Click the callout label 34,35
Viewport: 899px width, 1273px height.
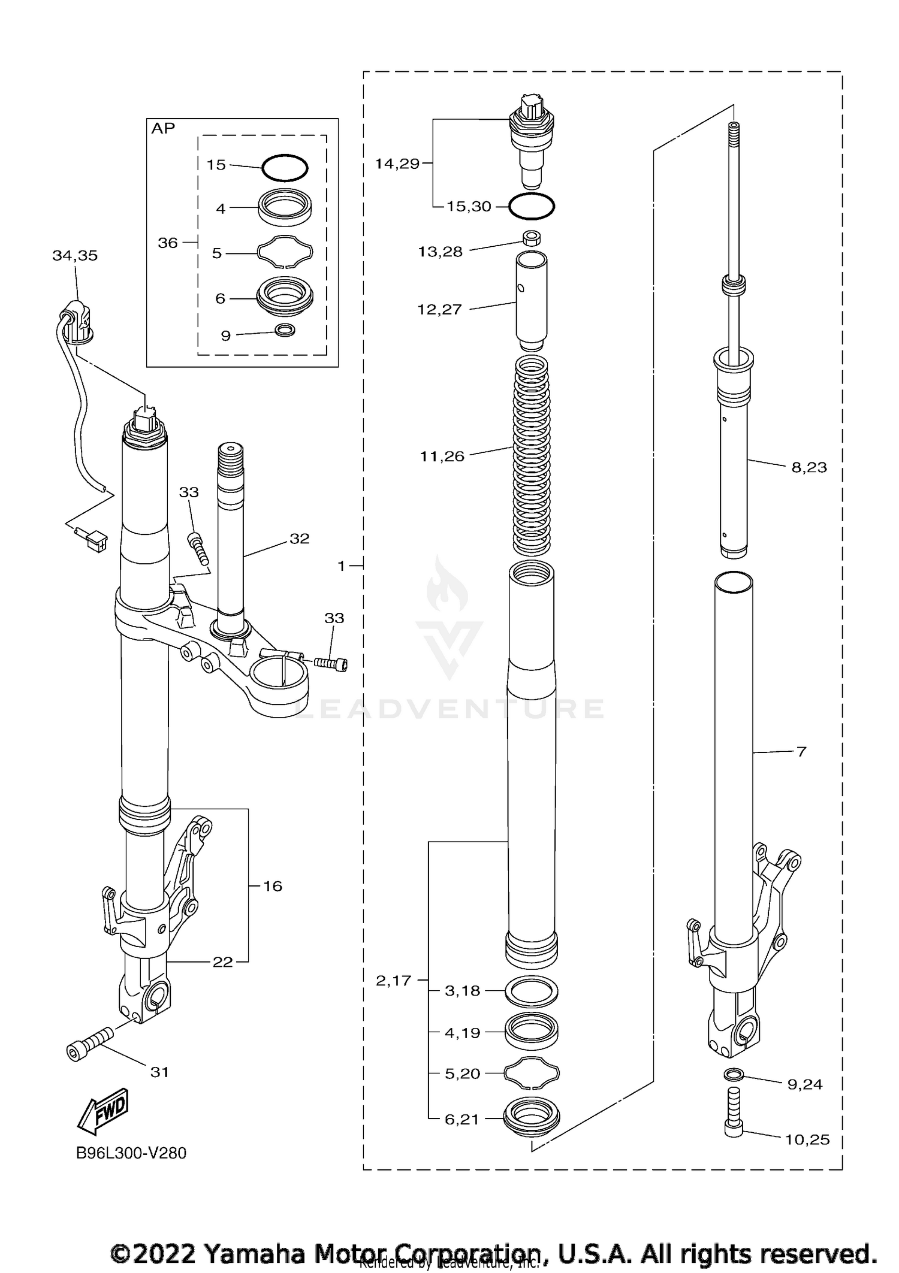coord(75,256)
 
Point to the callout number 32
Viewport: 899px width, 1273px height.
coord(300,539)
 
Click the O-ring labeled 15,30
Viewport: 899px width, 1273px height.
coord(532,207)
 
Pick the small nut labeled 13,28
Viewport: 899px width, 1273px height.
coord(531,238)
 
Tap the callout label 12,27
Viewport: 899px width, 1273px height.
coord(439,310)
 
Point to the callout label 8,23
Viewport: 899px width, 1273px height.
coord(809,467)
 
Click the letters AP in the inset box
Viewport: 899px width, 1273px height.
coord(163,128)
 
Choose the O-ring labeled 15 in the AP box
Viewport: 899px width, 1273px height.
coord(285,167)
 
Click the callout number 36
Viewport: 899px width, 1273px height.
coord(168,243)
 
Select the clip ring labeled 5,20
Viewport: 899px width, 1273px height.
coord(532,1073)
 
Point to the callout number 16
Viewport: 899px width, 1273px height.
coord(273,886)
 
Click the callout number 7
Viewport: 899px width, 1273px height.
coord(802,751)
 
